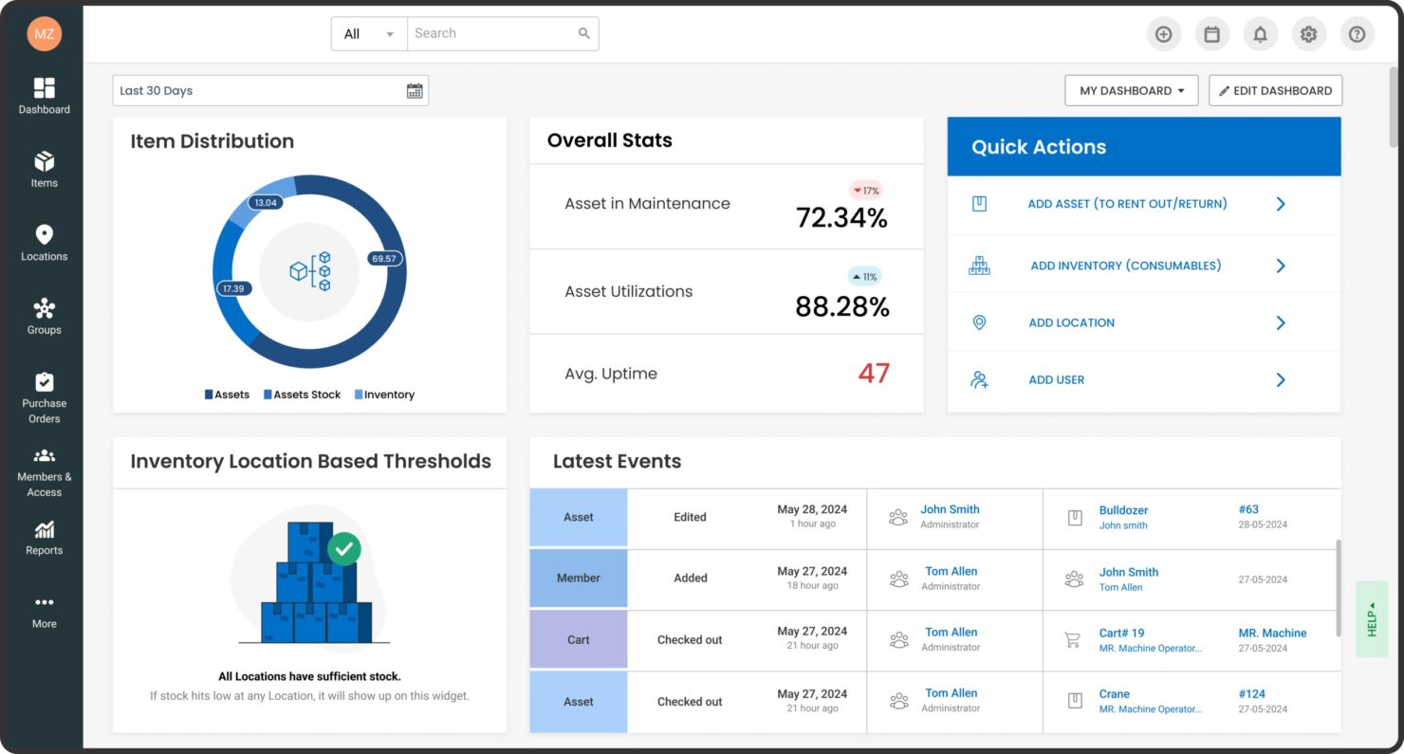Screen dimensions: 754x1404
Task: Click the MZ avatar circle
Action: [44, 33]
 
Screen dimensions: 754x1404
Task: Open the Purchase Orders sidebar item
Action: [44, 397]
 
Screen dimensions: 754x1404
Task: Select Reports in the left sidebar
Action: [44, 538]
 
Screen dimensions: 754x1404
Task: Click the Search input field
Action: [489, 33]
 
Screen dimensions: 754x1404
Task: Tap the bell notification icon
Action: [1260, 34]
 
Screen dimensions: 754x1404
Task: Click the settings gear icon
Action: [1308, 34]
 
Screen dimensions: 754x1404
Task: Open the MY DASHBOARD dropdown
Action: [1131, 91]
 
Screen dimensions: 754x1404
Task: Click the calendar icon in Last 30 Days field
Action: [415, 91]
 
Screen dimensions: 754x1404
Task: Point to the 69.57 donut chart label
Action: [384, 258]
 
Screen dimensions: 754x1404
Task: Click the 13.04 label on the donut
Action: [266, 202]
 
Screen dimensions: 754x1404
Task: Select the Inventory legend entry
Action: [384, 395]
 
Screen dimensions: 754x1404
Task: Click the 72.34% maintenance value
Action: [841, 218]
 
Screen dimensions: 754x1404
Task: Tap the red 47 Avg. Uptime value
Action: [873, 373]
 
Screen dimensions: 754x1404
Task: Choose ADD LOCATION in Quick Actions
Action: [1071, 322]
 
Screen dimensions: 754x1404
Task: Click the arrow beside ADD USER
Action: [1280, 379]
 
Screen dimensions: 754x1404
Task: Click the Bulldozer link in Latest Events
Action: [1123, 510]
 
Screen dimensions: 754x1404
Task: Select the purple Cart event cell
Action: [578, 639]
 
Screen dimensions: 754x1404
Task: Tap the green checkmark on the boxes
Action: [343, 548]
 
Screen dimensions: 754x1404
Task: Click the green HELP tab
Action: [1371, 619]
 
